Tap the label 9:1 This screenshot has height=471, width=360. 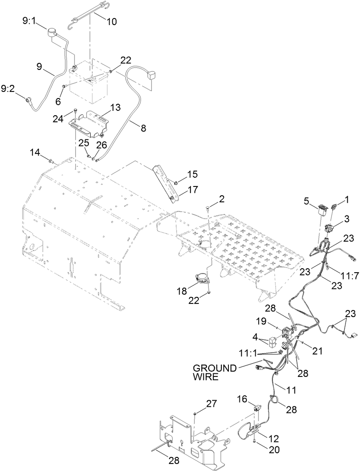coord(31,20)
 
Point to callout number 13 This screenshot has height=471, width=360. coord(114,107)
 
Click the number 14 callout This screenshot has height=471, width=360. coord(35,152)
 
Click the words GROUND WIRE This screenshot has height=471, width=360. coord(215,372)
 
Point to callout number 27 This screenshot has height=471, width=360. coord(200,404)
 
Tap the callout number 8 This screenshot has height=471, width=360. coord(143,128)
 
